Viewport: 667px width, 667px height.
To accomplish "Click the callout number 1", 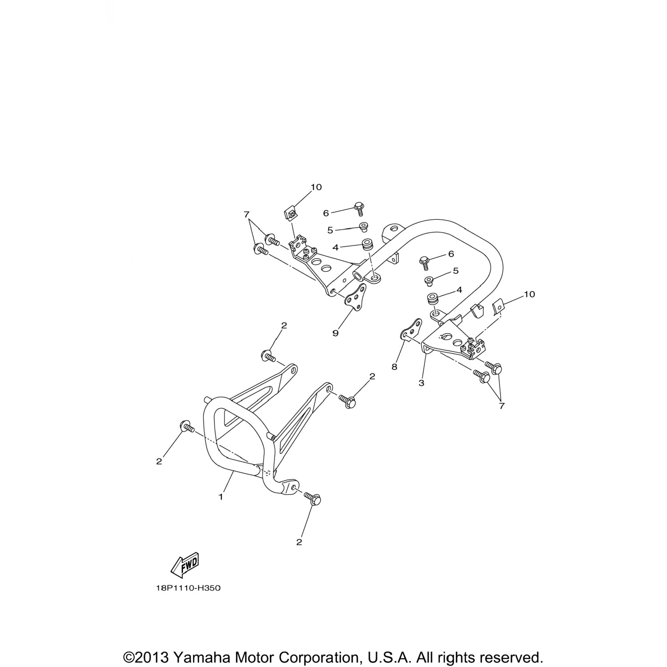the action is [221, 497].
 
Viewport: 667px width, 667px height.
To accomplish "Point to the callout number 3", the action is [421, 382].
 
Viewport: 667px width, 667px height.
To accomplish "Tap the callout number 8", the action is [394, 367].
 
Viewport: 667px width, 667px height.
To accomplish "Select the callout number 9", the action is [335, 333].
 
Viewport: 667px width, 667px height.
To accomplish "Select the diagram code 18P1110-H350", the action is [188, 588].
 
